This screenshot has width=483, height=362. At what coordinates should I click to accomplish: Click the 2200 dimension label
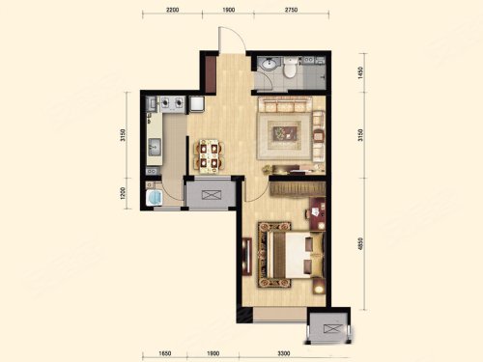[x=172, y=10]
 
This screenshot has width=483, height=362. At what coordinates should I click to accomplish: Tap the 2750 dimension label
[x=291, y=10]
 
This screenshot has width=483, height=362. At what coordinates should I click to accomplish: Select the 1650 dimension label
[x=164, y=353]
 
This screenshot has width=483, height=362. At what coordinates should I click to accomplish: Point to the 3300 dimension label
[x=284, y=353]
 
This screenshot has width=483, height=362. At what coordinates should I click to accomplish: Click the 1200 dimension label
[x=123, y=193]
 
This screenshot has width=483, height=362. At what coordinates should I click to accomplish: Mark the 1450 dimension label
[x=360, y=72]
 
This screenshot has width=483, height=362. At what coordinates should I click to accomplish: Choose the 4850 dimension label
[x=360, y=244]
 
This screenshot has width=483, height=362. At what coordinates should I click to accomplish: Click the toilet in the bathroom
[x=290, y=68]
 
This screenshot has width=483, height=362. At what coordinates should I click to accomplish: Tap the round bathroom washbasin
[x=269, y=64]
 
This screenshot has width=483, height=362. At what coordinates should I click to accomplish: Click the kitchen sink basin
[x=155, y=147]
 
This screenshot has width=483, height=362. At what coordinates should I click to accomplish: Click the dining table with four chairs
[x=209, y=155]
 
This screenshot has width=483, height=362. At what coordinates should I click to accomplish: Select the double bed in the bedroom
[x=291, y=254]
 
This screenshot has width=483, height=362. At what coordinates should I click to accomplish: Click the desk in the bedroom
[x=318, y=213]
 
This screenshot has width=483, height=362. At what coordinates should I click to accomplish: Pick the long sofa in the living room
[x=285, y=105]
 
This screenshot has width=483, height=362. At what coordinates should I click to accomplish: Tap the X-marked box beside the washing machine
[x=212, y=195]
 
